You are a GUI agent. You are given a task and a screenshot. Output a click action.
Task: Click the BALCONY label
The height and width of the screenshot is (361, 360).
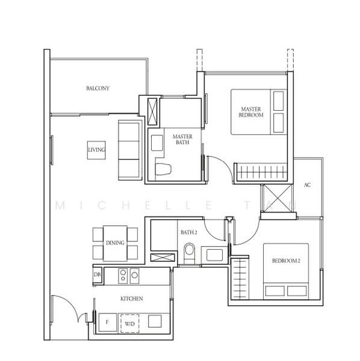(x=98, y=88)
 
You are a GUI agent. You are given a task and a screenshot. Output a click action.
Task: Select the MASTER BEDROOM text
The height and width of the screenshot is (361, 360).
(x=250, y=111)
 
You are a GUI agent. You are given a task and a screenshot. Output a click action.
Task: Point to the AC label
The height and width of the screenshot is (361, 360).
(x=307, y=185)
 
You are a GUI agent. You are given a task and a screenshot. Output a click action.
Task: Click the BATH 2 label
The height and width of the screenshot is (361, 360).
(x=188, y=232)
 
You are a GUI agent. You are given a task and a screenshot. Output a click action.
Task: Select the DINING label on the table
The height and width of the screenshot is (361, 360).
(x=115, y=243)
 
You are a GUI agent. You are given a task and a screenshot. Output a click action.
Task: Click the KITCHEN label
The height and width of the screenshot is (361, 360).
(x=131, y=298)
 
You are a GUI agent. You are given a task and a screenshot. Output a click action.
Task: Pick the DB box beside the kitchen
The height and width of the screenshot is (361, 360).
(x=98, y=275)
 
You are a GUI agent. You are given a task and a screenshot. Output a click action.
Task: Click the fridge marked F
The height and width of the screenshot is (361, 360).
(x=107, y=323)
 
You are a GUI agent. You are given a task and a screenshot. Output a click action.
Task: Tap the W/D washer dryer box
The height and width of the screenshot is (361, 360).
(x=129, y=323)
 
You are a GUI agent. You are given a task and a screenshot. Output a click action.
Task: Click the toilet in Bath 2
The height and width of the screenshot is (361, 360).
(x=190, y=251)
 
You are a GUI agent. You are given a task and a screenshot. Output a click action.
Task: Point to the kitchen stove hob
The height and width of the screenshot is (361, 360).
(x=126, y=275)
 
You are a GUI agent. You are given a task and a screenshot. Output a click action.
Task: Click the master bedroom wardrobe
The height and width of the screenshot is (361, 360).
(x=260, y=172)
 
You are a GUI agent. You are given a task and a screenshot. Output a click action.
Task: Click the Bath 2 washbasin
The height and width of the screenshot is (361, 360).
(x=214, y=255)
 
